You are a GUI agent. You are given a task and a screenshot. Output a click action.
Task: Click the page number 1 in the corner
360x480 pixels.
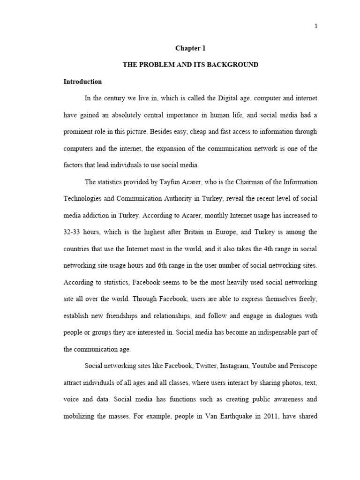[x=316, y=26]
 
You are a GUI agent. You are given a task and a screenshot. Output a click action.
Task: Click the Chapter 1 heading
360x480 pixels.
[x=190, y=48]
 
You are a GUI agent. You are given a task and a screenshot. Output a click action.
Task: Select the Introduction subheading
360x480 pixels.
[x=82, y=82]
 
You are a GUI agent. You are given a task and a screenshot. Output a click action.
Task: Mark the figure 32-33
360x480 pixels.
[x=74, y=232]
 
